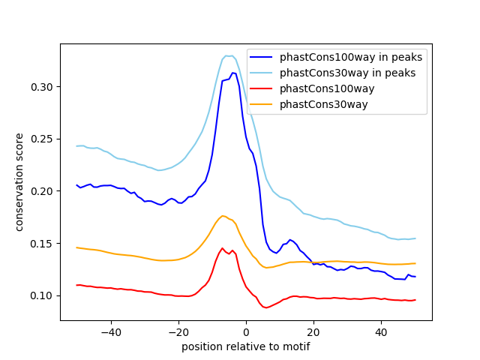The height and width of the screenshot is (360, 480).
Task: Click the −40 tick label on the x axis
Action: coord(110,331)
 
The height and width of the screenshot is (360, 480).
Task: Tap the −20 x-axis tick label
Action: coord(178,331)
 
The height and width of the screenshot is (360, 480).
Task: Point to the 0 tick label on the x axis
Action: coord(246,331)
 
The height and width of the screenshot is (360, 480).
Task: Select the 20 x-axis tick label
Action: coord(313,331)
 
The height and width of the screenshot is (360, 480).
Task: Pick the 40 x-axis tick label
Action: coord(381,331)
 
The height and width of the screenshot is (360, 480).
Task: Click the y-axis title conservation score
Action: coord(19,181)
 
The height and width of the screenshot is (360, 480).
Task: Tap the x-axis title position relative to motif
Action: coord(245,346)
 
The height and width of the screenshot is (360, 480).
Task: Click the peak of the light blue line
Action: coord(229,55)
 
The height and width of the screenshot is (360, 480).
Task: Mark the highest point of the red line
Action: coord(222,248)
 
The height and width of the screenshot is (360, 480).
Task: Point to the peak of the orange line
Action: coord(222,216)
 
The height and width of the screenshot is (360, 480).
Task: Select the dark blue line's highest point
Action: coord(233,73)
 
